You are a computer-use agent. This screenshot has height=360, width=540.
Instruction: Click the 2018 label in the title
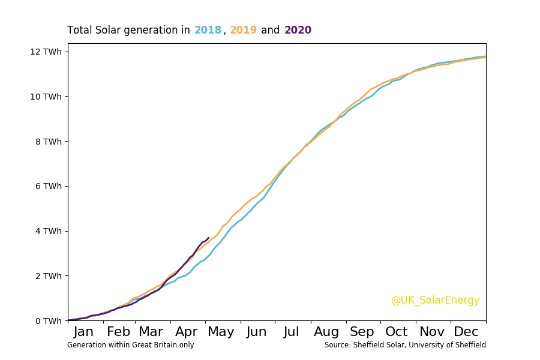point(208,31)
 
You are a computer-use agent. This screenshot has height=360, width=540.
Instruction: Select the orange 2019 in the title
point(243,31)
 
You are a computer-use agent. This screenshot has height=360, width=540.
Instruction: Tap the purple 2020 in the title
point(298,31)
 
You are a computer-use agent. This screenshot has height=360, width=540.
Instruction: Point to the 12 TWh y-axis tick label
point(46,52)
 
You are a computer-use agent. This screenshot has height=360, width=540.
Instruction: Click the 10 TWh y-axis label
point(46,97)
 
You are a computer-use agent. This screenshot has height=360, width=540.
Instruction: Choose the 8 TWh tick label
point(49,142)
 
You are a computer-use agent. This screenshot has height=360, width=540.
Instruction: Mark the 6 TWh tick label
point(49,187)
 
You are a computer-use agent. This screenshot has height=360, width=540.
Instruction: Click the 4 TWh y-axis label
point(49,231)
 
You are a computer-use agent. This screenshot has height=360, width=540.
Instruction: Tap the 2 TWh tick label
point(49,276)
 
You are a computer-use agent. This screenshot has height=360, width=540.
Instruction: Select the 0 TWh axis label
point(49,321)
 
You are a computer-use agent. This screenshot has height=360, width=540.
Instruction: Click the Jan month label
point(83,332)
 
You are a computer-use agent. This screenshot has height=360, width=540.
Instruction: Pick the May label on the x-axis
point(221,332)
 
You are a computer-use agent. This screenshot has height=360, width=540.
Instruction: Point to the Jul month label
point(292,332)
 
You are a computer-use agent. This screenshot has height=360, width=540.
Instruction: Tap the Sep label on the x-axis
point(362,332)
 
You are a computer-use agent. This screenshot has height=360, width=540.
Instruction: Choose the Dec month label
point(466,332)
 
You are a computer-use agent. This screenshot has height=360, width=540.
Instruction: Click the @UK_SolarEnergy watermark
point(435,301)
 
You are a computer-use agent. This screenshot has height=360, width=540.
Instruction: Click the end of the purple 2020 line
point(208,238)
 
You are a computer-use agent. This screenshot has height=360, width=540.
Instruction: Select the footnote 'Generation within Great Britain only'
point(130,345)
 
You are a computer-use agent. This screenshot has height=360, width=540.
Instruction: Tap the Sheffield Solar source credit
point(405,345)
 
